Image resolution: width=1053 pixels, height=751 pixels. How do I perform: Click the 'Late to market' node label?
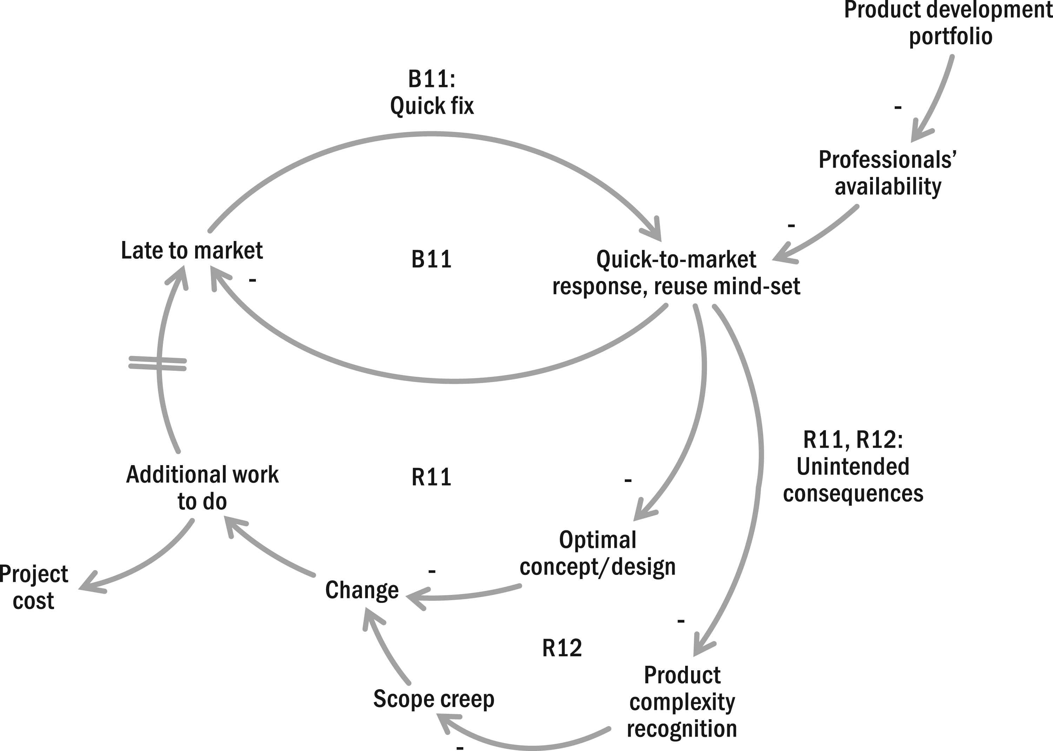coord(192,251)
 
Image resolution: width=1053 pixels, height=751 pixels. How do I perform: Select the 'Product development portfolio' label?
coord(948,23)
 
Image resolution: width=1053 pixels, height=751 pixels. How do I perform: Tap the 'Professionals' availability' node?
coord(888,173)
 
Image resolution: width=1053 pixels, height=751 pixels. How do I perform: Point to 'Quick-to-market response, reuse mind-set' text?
coord(676,273)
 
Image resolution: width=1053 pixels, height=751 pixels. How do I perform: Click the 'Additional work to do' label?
coord(202,488)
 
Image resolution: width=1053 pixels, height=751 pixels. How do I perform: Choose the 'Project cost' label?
coord(33,587)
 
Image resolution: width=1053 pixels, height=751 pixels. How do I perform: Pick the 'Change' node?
coord(362,590)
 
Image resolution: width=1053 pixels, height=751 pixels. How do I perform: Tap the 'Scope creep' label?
coord(433,699)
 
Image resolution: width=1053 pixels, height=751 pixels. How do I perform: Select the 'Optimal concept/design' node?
coord(597,553)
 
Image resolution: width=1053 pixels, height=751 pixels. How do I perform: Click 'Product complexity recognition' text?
coord(682,702)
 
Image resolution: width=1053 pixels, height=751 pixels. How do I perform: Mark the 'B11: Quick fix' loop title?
coord(432,93)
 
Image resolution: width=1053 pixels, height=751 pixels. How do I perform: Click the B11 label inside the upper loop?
coord(431,260)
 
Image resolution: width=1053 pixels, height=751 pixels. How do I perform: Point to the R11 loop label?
coord(431,478)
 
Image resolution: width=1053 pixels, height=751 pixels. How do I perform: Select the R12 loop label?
coord(562,648)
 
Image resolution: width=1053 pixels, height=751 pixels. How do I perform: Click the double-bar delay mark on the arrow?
coord(158,363)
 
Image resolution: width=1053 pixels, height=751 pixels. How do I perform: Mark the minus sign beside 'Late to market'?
coord(252,280)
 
